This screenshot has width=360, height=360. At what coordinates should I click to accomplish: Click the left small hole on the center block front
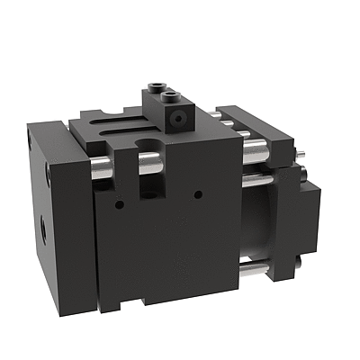point(119,203)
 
